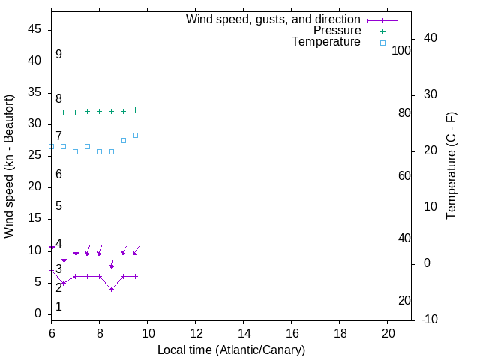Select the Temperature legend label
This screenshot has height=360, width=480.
pyautogui.click(x=326, y=42)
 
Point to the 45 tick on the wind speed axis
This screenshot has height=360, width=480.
pyautogui.click(x=34, y=30)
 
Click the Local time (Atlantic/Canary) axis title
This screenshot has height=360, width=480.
pyautogui.click(x=231, y=349)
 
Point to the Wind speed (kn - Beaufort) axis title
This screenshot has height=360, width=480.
pyautogui.click(x=9, y=166)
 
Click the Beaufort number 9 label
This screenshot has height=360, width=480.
pyautogui.click(x=58, y=55)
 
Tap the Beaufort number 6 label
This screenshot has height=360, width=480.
pyautogui.click(x=58, y=175)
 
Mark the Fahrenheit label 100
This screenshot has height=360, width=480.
pyautogui.click(x=401, y=51)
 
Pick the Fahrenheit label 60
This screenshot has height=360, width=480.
pyautogui.click(x=404, y=175)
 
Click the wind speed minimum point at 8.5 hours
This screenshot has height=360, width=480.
pyautogui.click(x=111, y=289)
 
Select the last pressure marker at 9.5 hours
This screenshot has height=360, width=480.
pyautogui.click(x=135, y=109)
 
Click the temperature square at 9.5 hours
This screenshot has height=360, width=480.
pyautogui.click(x=135, y=135)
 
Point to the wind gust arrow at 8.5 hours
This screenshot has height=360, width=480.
pyautogui.click(x=112, y=265)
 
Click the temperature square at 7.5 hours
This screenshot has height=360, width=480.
pyautogui.click(x=87, y=146)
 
